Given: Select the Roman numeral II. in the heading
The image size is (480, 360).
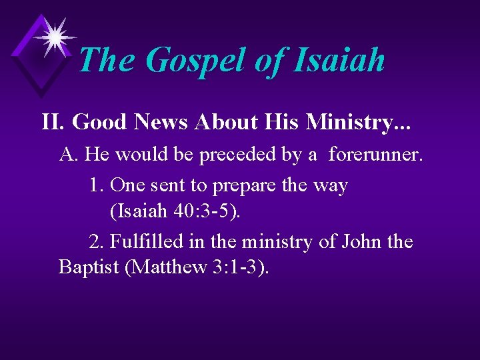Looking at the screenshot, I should pyautogui.click(x=53, y=122).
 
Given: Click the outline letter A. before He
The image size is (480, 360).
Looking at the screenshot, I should pyautogui.click(x=69, y=155).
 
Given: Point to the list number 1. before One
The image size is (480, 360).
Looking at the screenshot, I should pyautogui.click(x=95, y=185).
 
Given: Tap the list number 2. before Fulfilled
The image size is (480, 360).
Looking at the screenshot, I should pyautogui.click(x=95, y=241).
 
